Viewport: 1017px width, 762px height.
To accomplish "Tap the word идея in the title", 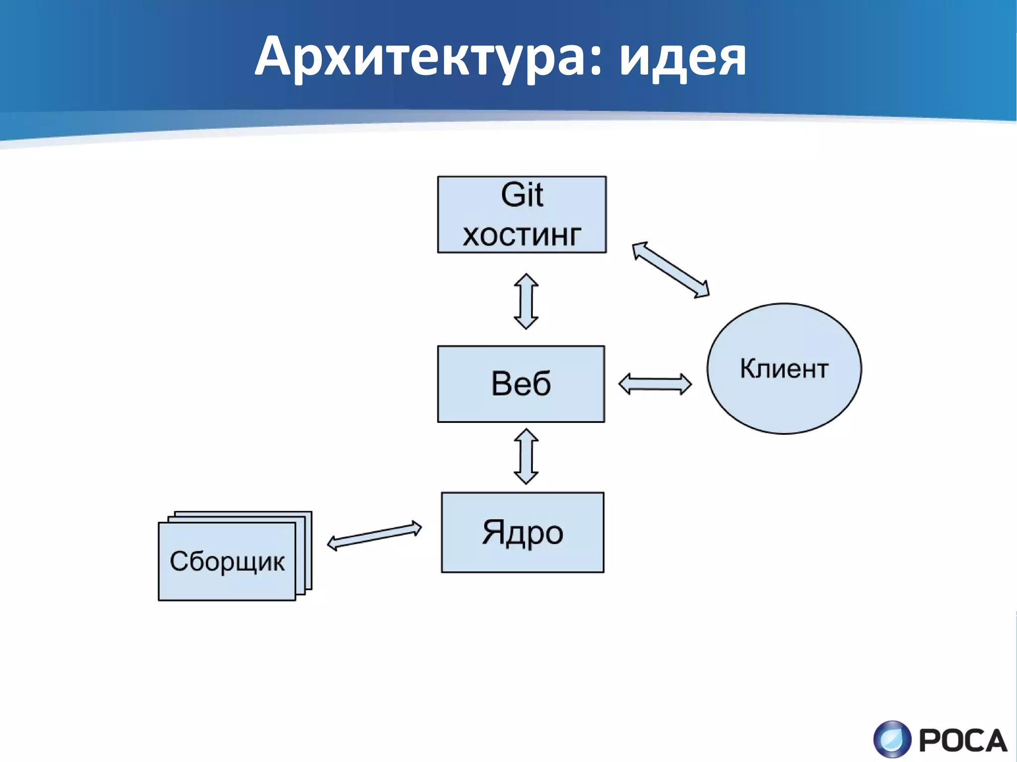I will click(x=683, y=59).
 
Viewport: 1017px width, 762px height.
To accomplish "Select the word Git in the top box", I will click(x=521, y=195).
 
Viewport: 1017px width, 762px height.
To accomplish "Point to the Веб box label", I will click(x=521, y=384).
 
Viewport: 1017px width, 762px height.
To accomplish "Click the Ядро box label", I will click(x=522, y=533).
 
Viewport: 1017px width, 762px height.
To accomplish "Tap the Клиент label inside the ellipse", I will click(x=784, y=368).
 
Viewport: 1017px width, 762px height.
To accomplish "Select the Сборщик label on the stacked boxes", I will click(x=227, y=561).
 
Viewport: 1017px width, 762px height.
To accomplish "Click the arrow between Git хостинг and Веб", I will click(x=526, y=301).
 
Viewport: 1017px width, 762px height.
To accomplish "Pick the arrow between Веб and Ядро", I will click(x=526, y=456).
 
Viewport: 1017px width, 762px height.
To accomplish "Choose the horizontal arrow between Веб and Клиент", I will click(x=654, y=384).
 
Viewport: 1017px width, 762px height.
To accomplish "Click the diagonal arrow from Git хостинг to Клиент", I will click(x=670, y=270).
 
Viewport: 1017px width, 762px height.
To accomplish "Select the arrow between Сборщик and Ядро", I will click(x=374, y=536).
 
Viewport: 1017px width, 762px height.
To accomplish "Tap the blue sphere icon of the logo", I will click(x=892, y=739).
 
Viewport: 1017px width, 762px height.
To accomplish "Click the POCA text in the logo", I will click(x=962, y=741).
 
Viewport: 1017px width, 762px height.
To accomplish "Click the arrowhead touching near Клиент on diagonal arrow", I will click(x=702, y=290).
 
